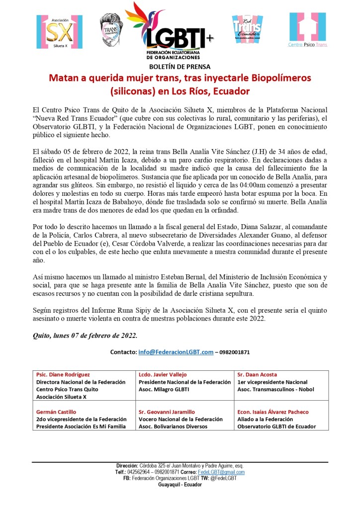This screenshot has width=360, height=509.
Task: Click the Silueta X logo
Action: coord(59,32)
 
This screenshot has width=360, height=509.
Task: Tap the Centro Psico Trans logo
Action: coord(308,30)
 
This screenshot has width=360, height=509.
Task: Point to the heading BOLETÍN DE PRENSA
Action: coord(180,67)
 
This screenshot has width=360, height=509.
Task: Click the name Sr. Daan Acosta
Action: coord(257,374)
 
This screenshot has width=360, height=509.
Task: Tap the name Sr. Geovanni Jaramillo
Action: coord(167,412)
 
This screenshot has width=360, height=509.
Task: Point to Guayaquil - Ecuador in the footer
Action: coord(180,485)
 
